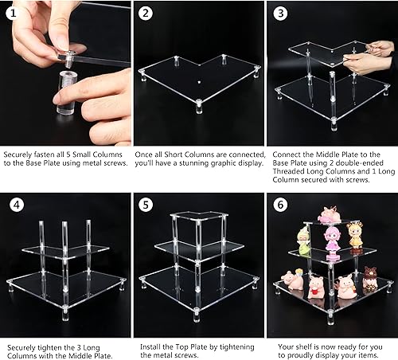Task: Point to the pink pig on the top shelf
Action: tap(329, 213)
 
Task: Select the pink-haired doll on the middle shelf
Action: tap(332, 238)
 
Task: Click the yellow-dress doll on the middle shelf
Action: tap(356, 237)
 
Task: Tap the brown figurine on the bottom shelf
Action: tap(370, 282)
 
